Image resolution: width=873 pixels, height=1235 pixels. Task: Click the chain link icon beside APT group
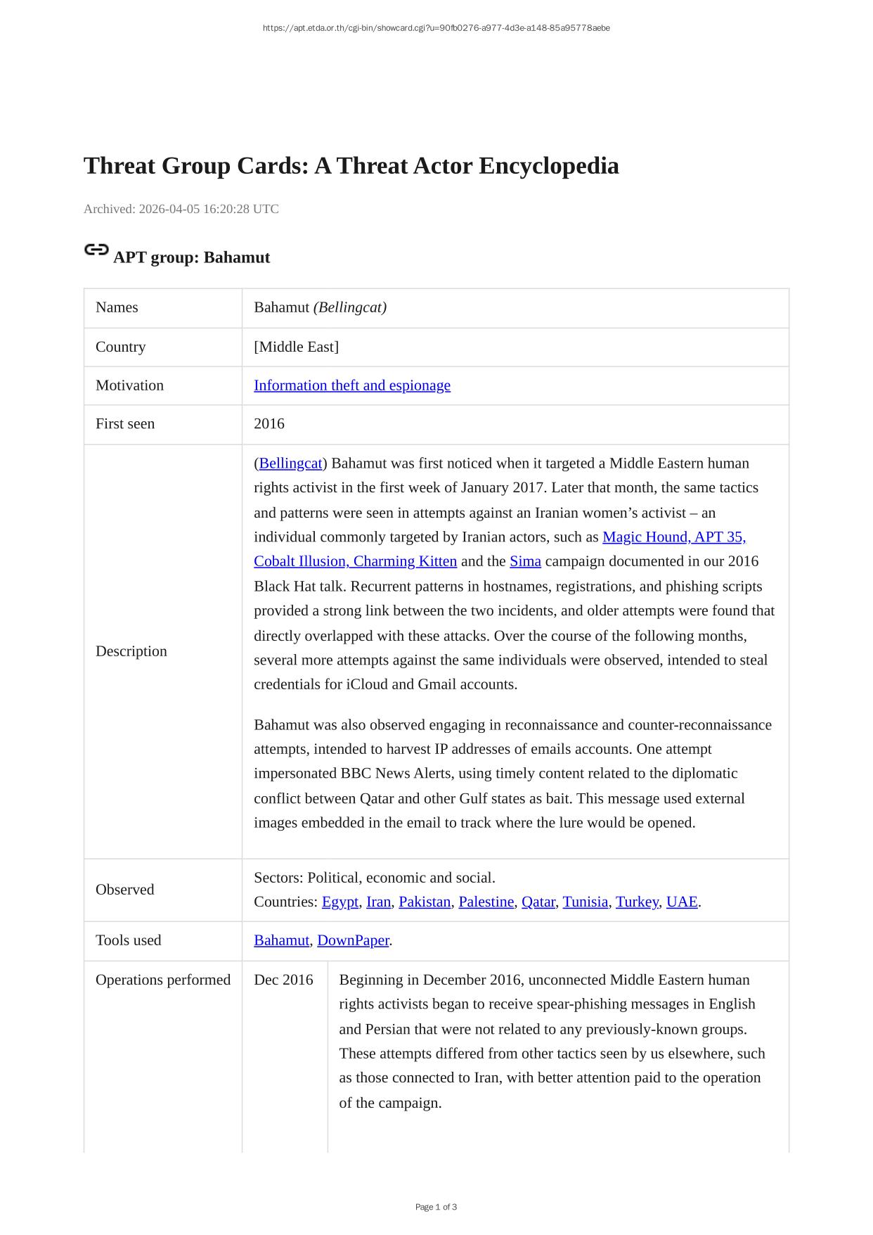point(96,250)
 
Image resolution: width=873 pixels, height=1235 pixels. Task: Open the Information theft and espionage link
point(351,385)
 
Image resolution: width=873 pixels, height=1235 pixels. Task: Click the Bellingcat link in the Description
point(290,463)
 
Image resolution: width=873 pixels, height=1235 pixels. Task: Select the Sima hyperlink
point(525,561)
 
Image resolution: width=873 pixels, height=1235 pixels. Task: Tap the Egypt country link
point(340,902)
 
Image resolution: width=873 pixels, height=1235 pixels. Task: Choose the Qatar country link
point(538,902)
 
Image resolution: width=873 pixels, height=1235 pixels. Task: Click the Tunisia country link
point(585,902)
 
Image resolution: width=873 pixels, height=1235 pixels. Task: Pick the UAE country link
point(681,902)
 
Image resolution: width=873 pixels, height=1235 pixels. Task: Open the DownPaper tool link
point(353,940)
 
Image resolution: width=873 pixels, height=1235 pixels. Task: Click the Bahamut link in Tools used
point(281,940)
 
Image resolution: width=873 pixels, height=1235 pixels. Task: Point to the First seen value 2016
point(269,424)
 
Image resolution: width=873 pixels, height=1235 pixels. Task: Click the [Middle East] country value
point(296,347)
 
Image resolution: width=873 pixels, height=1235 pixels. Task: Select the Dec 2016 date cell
point(283,980)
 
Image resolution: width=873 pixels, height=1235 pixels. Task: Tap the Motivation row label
point(129,385)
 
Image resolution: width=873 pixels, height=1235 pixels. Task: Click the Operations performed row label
point(163,980)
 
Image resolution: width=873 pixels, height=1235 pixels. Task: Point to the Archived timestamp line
point(181,209)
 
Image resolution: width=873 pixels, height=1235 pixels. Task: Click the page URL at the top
point(436,28)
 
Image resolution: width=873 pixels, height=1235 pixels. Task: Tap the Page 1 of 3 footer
point(436,1207)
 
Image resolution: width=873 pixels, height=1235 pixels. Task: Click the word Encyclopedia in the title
point(549,166)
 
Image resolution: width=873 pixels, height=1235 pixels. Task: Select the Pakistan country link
point(425,902)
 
